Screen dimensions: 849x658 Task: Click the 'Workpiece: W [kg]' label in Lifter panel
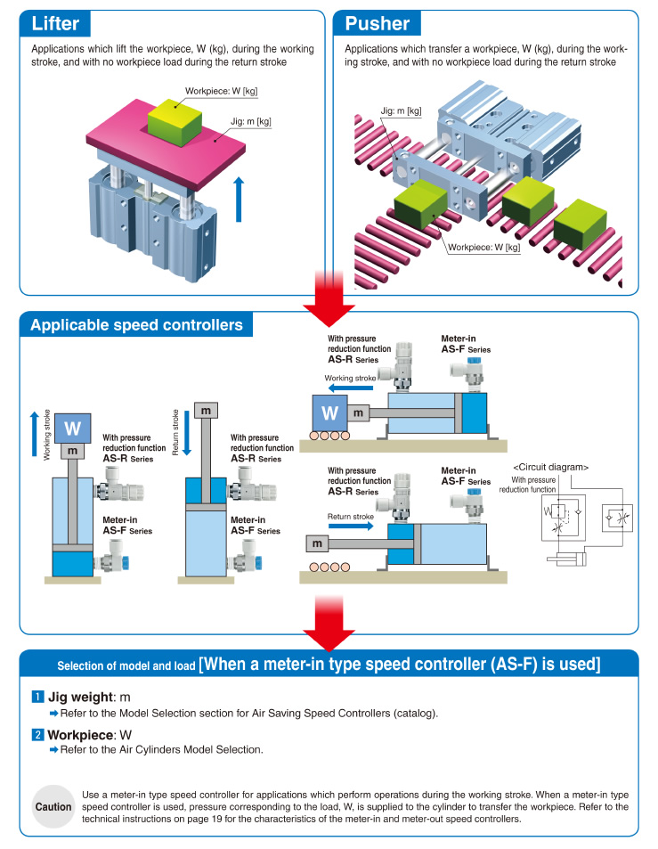click(221, 91)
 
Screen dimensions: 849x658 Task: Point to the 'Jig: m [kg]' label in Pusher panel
click(401, 111)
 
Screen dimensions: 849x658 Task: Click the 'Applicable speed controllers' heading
click(136, 324)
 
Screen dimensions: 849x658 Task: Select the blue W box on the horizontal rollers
click(329, 412)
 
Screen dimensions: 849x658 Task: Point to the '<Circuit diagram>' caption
click(551, 467)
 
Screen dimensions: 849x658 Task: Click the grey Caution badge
click(53, 807)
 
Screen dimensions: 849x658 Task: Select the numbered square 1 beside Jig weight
click(37, 697)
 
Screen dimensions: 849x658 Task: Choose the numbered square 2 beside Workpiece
click(37, 735)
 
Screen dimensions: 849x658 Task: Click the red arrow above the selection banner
click(329, 624)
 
